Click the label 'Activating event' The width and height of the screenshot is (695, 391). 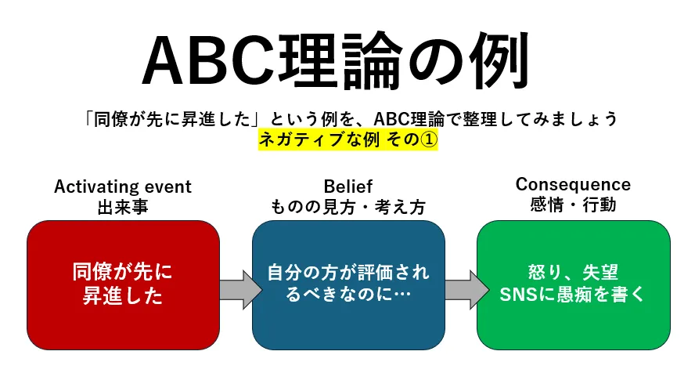pyautogui.click(x=123, y=186)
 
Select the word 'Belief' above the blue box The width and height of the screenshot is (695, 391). pyautogui.click(x=347, y=186)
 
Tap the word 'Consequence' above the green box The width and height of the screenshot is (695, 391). pyautogui.click(x=573, y=185)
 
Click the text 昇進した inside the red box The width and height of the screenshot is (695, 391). pyautogui.click(x=123, y=296)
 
